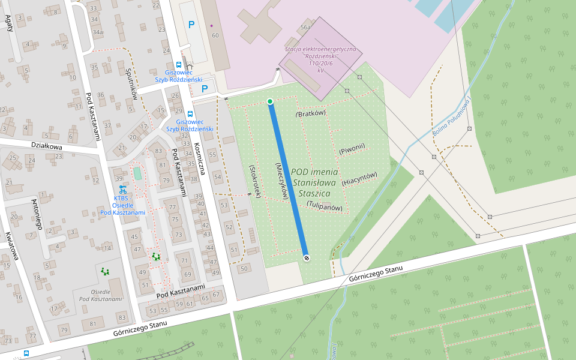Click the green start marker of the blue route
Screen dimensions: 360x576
tap(270, 101)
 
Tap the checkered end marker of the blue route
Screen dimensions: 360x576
tap(307, 257)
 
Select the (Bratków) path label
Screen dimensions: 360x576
tap(311, 113)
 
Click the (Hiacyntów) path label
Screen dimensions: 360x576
tap(359, 178)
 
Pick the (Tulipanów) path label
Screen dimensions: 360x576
tap(325, 206)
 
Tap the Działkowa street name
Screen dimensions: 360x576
tap(46, 146)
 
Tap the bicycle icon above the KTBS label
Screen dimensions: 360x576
tap(122, 188)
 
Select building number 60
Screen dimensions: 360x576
tap(215, 36)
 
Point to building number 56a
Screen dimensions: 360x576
tap(305, 28)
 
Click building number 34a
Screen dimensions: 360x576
tap(95, 32)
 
